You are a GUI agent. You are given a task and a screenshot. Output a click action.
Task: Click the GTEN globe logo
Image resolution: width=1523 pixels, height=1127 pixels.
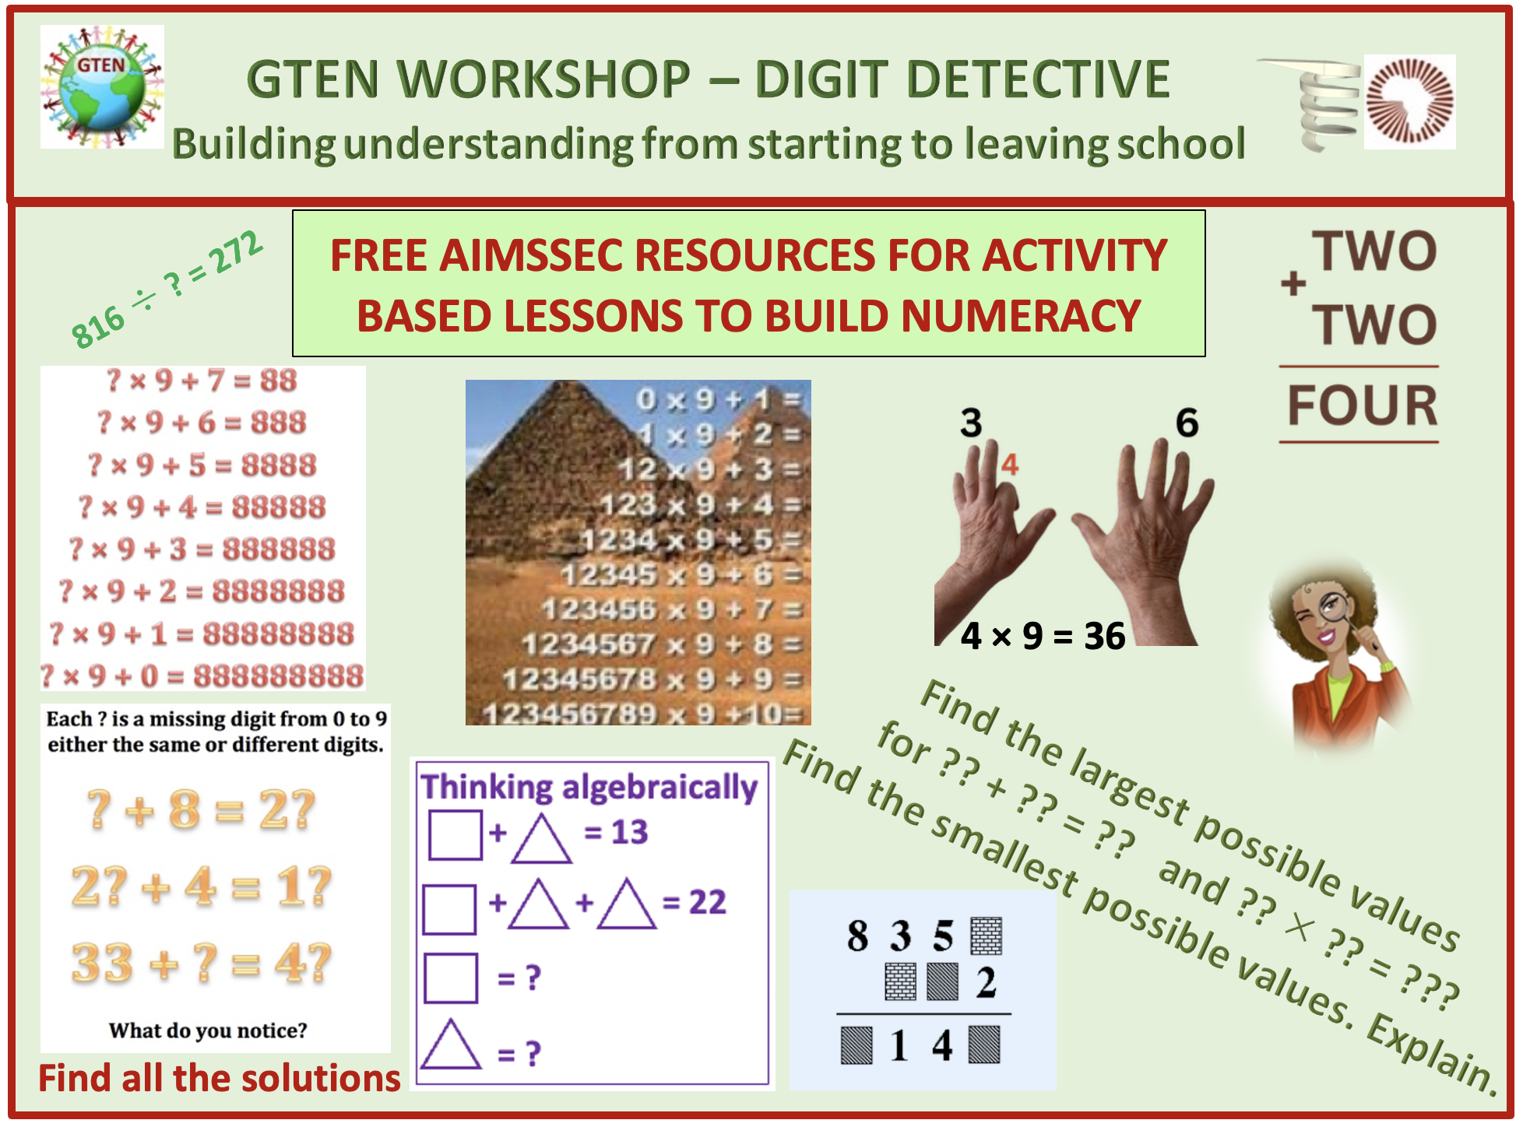pos(102,86)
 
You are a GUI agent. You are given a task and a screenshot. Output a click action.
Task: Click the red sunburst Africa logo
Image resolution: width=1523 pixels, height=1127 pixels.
pos(1409,102)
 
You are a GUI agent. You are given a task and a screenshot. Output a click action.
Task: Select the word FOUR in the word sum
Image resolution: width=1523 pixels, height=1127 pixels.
pos(1363,406)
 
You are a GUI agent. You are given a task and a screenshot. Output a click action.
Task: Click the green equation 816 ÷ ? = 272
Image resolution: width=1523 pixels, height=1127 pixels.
pos(167,289)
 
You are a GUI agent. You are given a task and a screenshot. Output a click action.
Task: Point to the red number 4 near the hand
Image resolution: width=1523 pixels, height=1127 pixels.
pos(1010,465)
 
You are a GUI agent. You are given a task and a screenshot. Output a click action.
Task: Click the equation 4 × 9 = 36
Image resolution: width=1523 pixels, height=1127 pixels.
pos(1043,636)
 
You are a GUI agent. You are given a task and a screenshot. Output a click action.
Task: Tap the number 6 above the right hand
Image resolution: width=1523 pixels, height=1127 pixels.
pos(1187,423)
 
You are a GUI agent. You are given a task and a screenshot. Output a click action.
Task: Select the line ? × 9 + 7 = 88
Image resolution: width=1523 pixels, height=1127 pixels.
pos(202,381)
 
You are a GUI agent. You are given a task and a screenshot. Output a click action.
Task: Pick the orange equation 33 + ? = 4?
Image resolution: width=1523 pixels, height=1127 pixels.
pos(202,963)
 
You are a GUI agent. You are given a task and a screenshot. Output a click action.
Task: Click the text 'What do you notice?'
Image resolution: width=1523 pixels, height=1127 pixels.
pos(208,1030)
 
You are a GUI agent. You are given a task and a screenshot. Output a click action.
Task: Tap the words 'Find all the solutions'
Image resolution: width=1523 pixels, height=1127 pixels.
pos(220,1079)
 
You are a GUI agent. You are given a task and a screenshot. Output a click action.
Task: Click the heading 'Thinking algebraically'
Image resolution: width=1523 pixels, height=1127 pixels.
pos(589,787)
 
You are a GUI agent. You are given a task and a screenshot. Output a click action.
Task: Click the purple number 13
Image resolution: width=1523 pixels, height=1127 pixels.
pos(629,832)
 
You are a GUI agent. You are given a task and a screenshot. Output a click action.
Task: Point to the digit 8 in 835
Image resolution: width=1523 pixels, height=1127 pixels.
pos(857,936)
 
